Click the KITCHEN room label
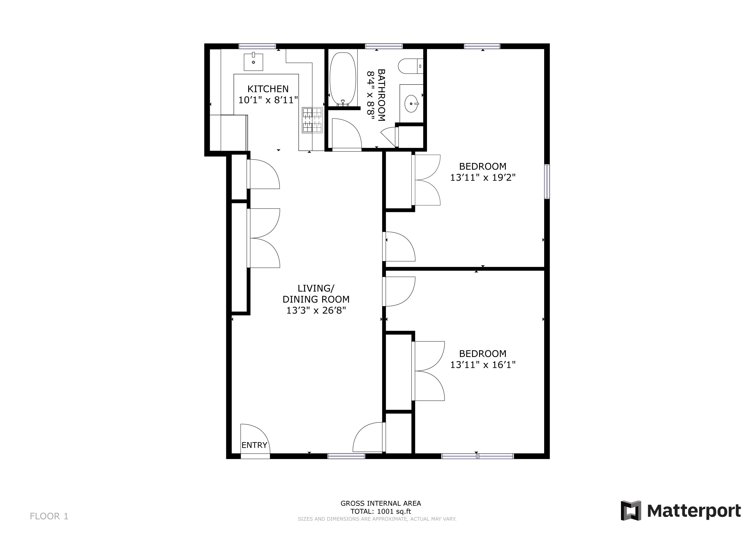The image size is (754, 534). coord(268,89)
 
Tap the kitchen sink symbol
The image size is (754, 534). coord(253,62)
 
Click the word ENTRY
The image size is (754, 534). coord(254,445)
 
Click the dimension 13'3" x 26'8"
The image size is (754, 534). coord(316,310)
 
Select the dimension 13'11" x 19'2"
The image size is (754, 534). coord(482,178)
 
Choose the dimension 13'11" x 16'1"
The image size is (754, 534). coord(482,365)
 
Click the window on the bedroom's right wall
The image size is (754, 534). coord(547,181)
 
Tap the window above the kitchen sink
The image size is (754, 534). coord(257,46)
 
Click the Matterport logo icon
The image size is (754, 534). coord(631,510)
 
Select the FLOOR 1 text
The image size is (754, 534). coord(49,516)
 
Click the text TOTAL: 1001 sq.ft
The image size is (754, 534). coord(380,511)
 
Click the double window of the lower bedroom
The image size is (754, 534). coord(477,456)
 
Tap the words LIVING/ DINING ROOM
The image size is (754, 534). coord(316,294)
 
